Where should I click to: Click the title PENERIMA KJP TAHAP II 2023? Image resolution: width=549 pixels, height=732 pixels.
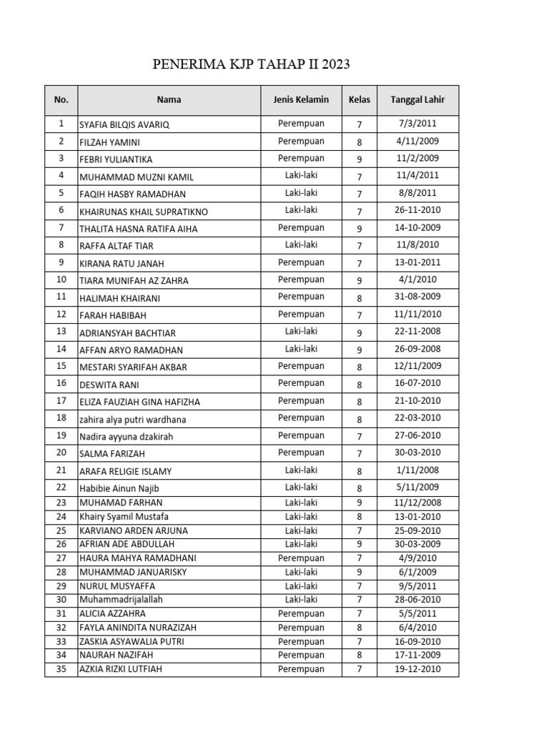click(x=252, y=66)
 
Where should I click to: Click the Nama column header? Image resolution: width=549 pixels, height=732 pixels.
click(x=169, y=100)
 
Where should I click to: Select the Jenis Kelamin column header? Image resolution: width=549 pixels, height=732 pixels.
click(x=301, y=100)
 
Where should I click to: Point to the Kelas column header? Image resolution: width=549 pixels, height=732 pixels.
click(x=360, y=100)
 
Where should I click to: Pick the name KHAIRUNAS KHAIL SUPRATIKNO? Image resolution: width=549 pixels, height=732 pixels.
click(x=144, y=212)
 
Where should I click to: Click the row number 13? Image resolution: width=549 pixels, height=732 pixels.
click(x=61, y=332)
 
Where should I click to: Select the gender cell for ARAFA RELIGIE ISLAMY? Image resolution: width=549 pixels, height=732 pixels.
click(x=301, y=470)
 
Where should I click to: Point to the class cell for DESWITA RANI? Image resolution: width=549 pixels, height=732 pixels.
click(x=360, y=385)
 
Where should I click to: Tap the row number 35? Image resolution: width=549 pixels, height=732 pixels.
click(x=61, y=669)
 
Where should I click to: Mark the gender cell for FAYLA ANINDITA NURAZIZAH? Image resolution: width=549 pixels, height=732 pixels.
click(x=301, y=628)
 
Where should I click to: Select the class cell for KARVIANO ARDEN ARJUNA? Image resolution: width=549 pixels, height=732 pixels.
click(x=360, y=530)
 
